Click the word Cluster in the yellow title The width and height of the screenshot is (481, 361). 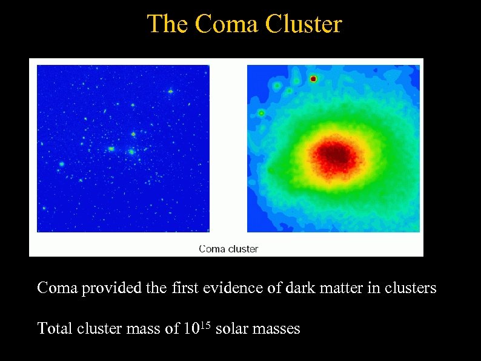tap(307, 24)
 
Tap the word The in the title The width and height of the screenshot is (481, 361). tap(167, 24)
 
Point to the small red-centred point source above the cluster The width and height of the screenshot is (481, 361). tap(313, 79)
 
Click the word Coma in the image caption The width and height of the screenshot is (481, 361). tap(212, 249)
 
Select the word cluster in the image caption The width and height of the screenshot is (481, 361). tap(243, 249)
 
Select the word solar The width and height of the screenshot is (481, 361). tap(230, 329)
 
